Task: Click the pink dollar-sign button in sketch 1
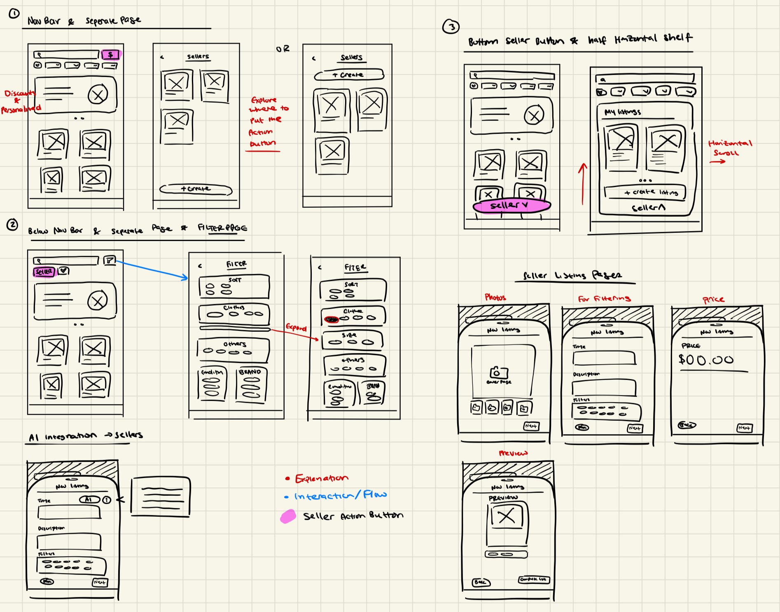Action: point(110,54)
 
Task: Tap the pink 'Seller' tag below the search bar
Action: point(44,272)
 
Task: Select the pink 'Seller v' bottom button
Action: point(511,206)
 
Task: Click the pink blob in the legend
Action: point(288,516)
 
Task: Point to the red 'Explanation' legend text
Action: point(321,478)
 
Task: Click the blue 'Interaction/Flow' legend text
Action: point(340,495)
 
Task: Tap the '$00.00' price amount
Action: point(706,360)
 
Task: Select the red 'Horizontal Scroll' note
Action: point(730,148)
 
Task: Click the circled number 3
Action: point(451,27)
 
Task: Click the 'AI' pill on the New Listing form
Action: point(89,499)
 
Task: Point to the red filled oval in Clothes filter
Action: point(332,319)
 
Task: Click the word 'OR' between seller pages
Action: point(283,49)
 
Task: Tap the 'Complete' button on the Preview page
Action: point(534,579)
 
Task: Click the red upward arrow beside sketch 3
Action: point(582,183)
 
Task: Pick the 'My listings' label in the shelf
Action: point(622,112)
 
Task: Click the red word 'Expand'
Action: point(296,328)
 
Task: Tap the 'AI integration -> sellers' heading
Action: point(86,436)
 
